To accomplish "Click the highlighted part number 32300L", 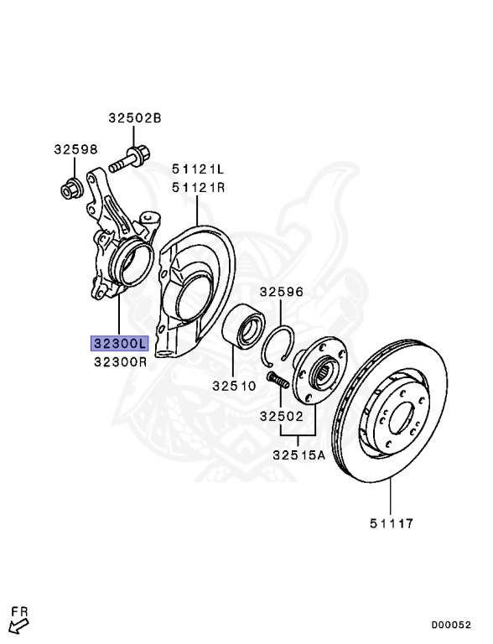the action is click(119, 343).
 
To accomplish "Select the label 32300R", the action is click(120, 362).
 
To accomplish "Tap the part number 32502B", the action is click(135, 118).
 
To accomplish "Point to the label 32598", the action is click(76, 149).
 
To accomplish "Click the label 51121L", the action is click(198, 169).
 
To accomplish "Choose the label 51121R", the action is click(199, 188).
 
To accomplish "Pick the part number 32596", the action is click(282, 292).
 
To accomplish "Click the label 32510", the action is click(234, 386).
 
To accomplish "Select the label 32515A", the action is click(299, 455).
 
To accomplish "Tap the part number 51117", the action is click(392, 523).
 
